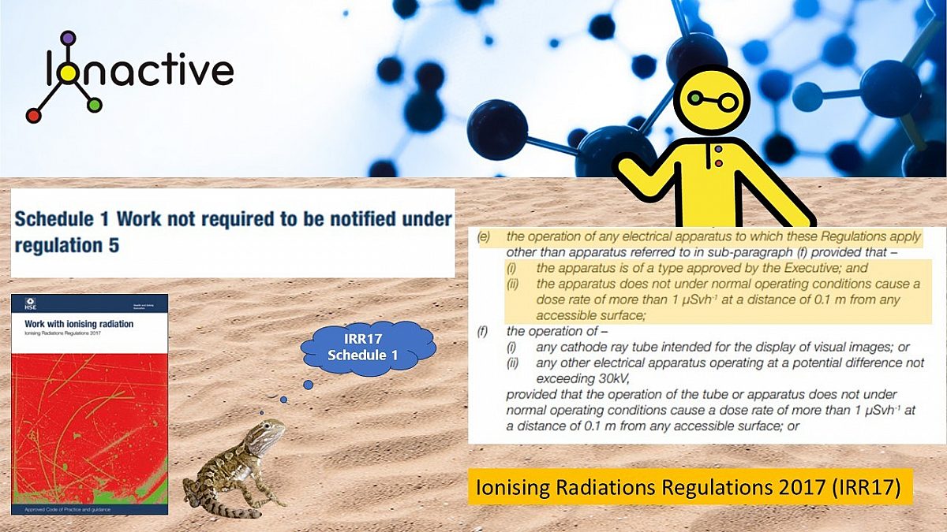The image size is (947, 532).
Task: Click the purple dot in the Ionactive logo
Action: pos(68,38)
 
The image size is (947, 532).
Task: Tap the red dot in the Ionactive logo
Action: pos(33,116)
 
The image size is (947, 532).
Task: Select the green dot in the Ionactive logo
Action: pos(95,105)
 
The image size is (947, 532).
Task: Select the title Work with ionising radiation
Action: pos(68,324)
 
